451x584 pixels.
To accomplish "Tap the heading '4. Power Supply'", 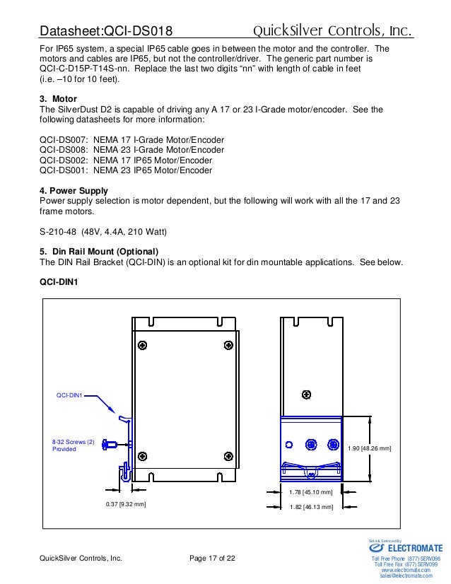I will (x=74, y=190).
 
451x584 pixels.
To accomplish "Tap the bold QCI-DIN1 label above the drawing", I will (x=59, y=281).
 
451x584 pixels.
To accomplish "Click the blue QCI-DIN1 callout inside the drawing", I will (x=69, y=396).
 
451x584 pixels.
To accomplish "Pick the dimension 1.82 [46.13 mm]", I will (x=311, y=506).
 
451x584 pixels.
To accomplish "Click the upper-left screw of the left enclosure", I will (x=143, y=345).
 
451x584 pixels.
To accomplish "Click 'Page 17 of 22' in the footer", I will (x=213, y=559).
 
